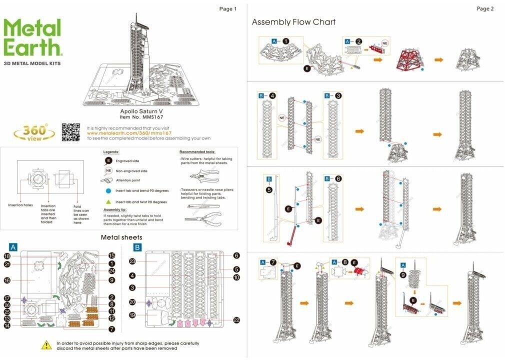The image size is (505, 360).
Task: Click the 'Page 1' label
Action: [227, 9]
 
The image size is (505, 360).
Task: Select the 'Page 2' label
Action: [485, 9]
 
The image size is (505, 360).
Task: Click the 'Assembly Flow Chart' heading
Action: [293, 22]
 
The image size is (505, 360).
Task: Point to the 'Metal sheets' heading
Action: [121, 237]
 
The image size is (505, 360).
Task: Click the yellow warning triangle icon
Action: [46, 344]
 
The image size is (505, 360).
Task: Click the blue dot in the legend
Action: [108, 190]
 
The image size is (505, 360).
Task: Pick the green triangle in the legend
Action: [108, 201]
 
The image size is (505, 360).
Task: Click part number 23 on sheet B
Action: [132, 261]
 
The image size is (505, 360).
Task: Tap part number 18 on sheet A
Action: [7, 255]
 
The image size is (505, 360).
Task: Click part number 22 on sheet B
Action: [236, 320]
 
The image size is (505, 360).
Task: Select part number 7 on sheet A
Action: [112, 329]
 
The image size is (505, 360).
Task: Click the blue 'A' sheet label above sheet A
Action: [13, 247]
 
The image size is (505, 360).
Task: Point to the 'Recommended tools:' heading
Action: [197, 151]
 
